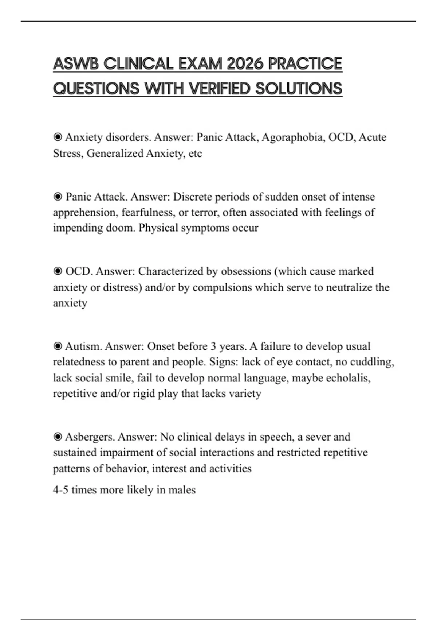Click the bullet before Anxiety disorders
[x=58, y=137]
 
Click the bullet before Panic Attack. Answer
[x=58, y=197]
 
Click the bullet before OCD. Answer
[x=58, y=271]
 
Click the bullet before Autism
[x=58, y=346]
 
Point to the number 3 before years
[x=213, y=346]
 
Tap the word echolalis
[x=348, y=378]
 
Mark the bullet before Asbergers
[x=58, y=437]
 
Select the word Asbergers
[x=90, y=437]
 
